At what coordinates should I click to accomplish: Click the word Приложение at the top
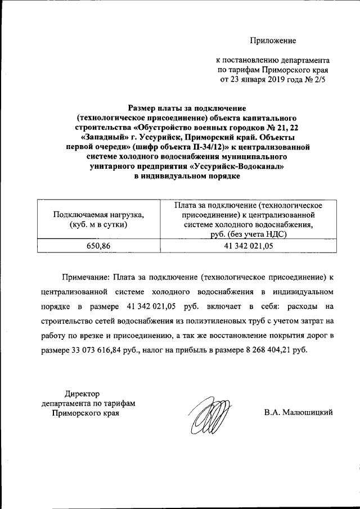tap(273, 40)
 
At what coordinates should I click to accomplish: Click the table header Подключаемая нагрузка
tap(98, 214)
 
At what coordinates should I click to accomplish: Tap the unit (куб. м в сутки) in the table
tap(98, 224)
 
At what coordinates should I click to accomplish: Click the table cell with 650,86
tap(98, 246)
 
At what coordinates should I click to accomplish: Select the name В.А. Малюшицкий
tap(299, 412)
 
